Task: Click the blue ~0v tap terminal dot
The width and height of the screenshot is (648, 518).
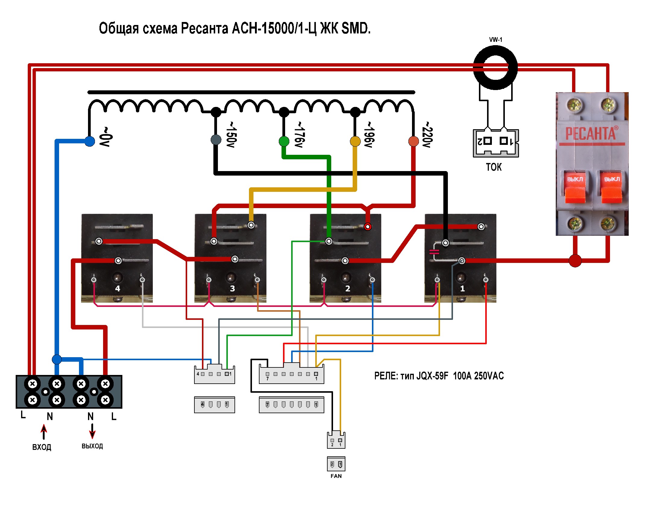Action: [90, 141]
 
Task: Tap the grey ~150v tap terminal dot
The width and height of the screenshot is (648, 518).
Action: [216, 139]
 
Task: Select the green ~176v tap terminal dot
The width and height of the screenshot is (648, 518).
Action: [284, 141]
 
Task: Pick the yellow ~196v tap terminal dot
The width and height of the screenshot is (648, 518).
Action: [355, 141]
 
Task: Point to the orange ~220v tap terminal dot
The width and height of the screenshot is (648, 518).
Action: [414, 141]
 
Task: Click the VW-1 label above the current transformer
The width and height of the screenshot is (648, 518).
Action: [495, 40]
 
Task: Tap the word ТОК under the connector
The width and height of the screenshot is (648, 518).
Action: [494, 167]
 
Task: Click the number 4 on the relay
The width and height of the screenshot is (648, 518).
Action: [118, 289]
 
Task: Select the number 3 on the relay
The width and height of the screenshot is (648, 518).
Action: [232, 289]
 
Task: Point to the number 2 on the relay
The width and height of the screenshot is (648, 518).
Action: [348, 289]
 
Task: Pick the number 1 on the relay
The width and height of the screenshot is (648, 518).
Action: [462, 289]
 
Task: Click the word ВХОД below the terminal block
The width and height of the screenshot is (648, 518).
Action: [42, 447]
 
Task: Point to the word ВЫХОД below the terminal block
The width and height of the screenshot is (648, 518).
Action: [92, 446]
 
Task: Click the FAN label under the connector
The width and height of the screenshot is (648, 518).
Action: [336, 476]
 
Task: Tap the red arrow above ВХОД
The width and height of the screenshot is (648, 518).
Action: [44, 431]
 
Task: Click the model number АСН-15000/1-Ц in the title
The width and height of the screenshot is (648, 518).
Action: [274, 28]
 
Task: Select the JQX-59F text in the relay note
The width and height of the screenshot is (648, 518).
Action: [432, 376]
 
